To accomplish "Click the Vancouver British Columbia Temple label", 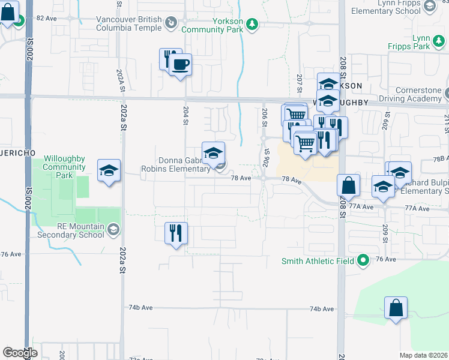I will click(129, 23).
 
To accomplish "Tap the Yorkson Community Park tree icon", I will click(253, 24).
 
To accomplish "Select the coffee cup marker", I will click(180, 65).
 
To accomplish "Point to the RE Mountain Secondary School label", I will click(81, 230).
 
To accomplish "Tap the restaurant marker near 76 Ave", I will click(176, 233).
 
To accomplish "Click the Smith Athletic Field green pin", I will click(363, 261).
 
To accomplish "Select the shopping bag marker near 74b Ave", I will click(396, 310).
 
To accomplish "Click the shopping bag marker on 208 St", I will click(348, 187).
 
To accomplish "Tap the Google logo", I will click(20, 353).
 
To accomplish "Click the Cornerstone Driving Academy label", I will click(415, 94).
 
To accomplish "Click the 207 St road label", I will click(299, 80).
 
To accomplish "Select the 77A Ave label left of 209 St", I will click(362, 207).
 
